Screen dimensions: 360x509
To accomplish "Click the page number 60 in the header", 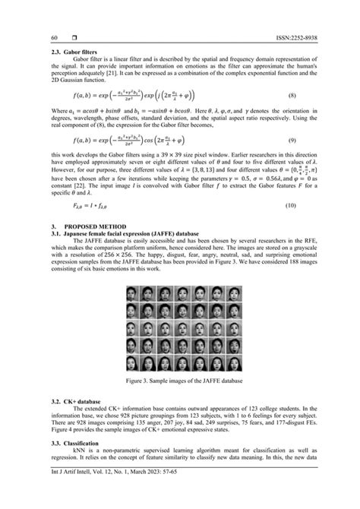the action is pyautogui.click(x=54, y=37).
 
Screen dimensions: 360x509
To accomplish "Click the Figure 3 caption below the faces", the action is pyautogui.click(x=180, y=379).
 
